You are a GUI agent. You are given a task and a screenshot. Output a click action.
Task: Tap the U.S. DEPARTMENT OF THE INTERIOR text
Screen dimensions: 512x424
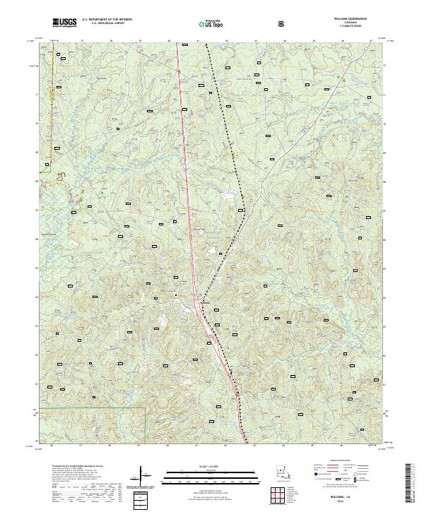click(107, 20)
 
